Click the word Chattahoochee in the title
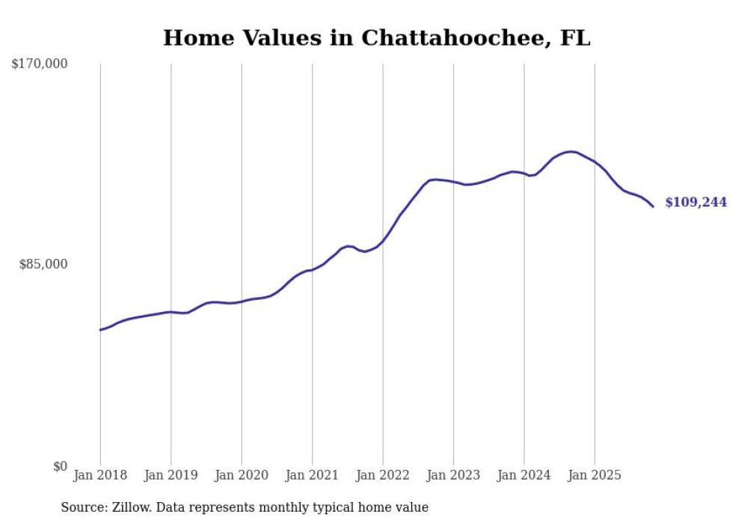(456, 38)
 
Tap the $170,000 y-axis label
(39, 64)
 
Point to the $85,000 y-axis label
(43, 264)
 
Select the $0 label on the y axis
(60, 466)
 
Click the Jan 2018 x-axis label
(100, 475)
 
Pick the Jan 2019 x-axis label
(171, 475)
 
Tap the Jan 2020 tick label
(242, 475)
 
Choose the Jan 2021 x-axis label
(312, 475)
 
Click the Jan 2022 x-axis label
(383, 475)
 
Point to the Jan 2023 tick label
(453, 475)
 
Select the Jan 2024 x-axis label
(524, 475)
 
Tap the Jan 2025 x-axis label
(595, 475)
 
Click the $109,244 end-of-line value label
(696, 203)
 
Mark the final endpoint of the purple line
(653, 207)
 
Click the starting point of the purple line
(100, 330)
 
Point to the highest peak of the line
(571, 152)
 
